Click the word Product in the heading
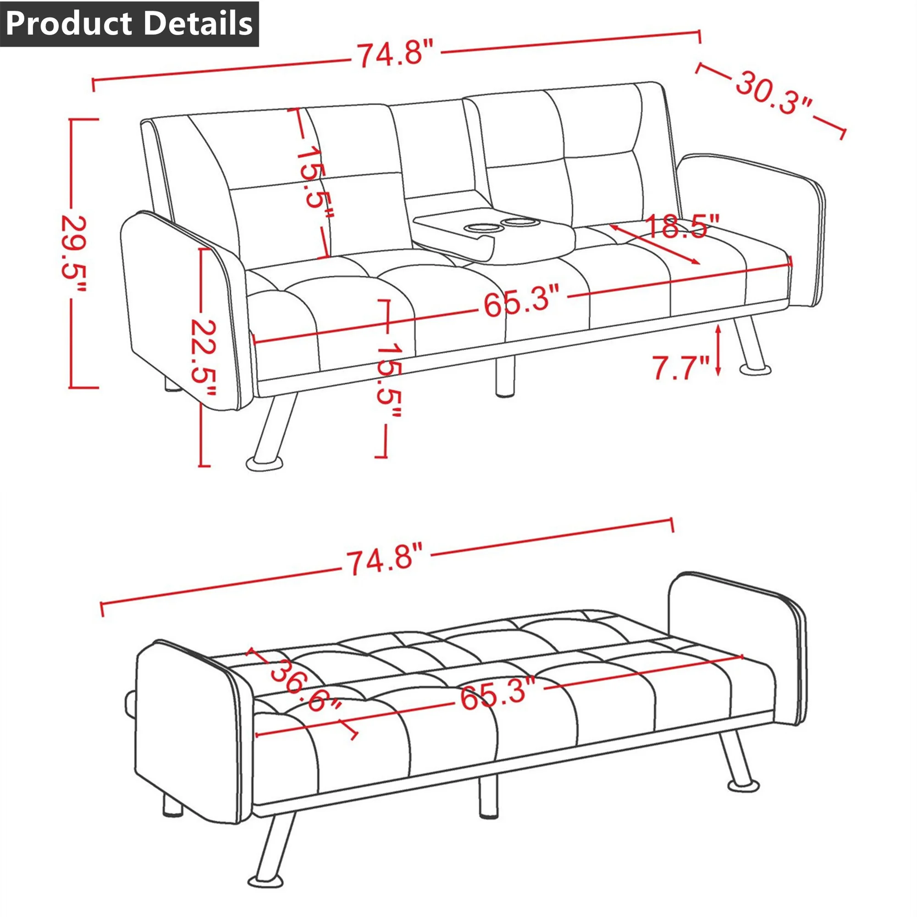point(69,24)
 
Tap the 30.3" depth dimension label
point(774,93)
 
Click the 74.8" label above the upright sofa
point(395,53)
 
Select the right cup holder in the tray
point(519,221)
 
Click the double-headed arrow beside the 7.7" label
point(718,350)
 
